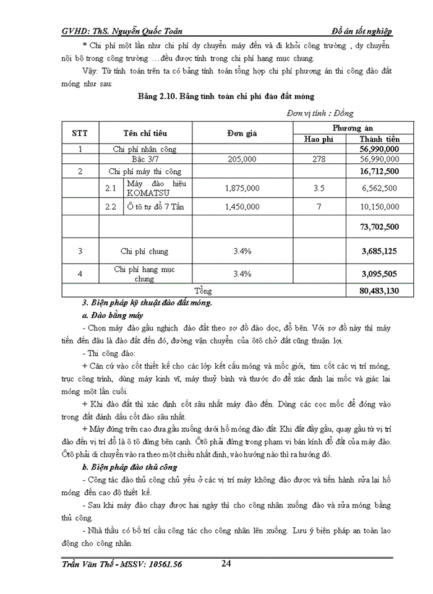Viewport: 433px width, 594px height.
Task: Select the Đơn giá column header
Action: [x=241, y=133]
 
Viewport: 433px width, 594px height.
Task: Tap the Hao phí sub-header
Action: [x=319, y=139]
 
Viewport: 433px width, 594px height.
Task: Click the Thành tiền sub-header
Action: [x=379, y=139]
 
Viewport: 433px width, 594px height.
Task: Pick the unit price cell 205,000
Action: [x=241, y=160]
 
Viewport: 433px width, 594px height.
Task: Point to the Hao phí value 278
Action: [x=319, y=160]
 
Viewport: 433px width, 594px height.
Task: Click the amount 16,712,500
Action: [x=379, y=171]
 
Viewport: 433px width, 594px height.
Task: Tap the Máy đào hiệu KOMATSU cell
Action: [x=156, y=188]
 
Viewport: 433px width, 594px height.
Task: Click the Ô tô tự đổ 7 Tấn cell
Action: [x=156, y=207]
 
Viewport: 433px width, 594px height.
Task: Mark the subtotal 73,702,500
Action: [x=379, y=228]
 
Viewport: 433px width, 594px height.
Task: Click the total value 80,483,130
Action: [x=379, y=291]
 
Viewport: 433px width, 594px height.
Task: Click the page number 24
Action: [x=226, y=564]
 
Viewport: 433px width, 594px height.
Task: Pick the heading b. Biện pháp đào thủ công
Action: [x=130, y=467]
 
